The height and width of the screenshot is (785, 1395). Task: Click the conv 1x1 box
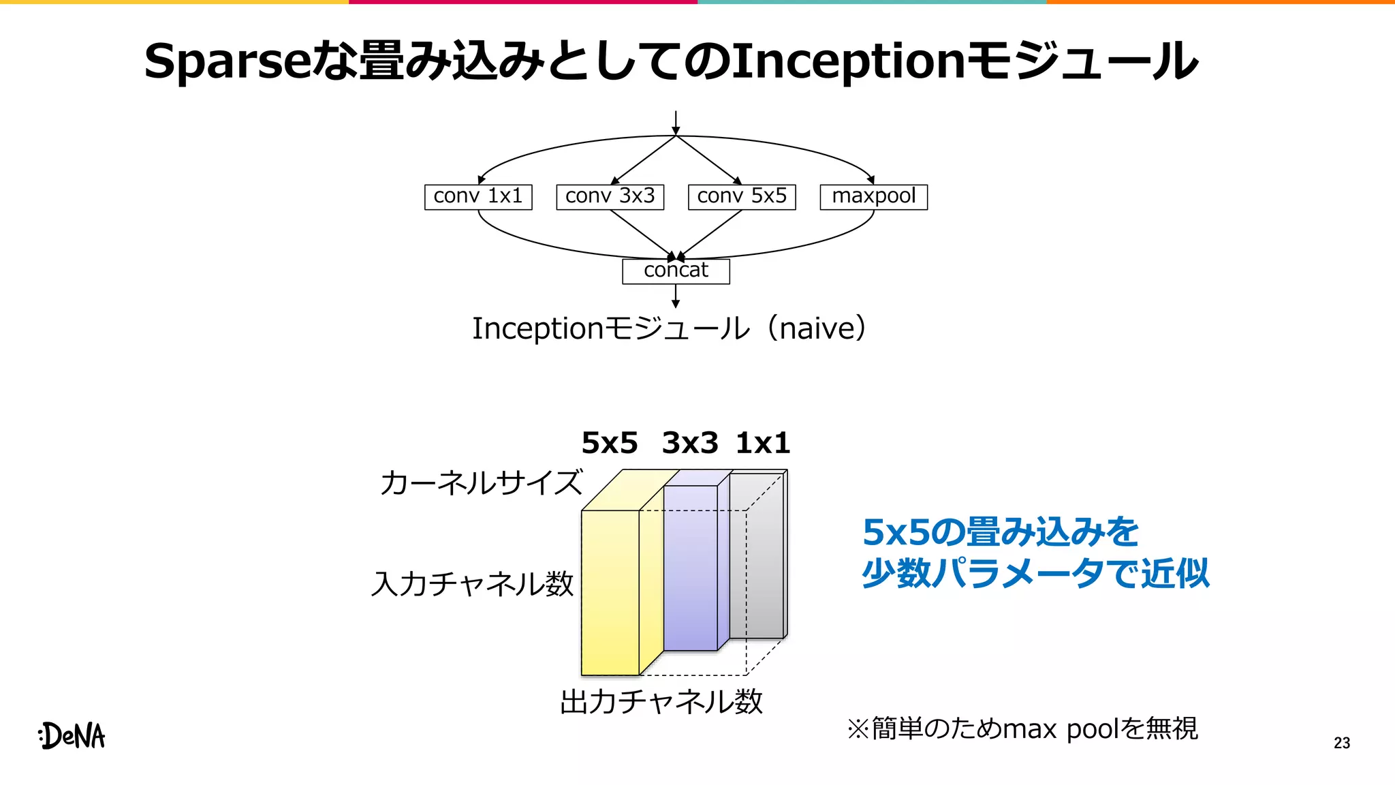click(477, 197)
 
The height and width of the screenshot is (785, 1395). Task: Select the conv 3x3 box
click(610, 197)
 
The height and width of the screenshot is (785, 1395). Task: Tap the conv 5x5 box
click(742, 197)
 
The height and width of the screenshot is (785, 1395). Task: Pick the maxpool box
click(873, 197)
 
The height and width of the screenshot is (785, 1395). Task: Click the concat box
click(676, 271)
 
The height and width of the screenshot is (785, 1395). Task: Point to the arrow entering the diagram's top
click(676, 123)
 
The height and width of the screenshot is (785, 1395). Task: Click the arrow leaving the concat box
click(676, 296)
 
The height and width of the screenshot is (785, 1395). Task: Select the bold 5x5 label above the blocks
click(610, 443)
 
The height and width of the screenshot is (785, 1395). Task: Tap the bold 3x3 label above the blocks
click(690, 443)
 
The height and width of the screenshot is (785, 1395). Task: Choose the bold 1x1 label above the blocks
click(763, 443)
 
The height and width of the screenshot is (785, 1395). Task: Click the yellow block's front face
click(610, 593)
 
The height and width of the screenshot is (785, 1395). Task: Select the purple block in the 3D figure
click(690, 569)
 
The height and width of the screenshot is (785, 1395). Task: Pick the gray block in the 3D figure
click(756, 555)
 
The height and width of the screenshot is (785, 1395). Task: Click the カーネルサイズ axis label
click(481, 482)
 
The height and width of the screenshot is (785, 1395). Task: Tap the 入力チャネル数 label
click(473, 584)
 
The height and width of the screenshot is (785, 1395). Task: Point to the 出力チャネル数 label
click(661, 702)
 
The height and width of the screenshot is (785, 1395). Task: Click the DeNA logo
click(72, 736)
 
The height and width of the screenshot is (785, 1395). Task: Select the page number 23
click(1342, 743)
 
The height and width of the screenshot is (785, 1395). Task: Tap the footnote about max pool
click(1022, 729)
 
